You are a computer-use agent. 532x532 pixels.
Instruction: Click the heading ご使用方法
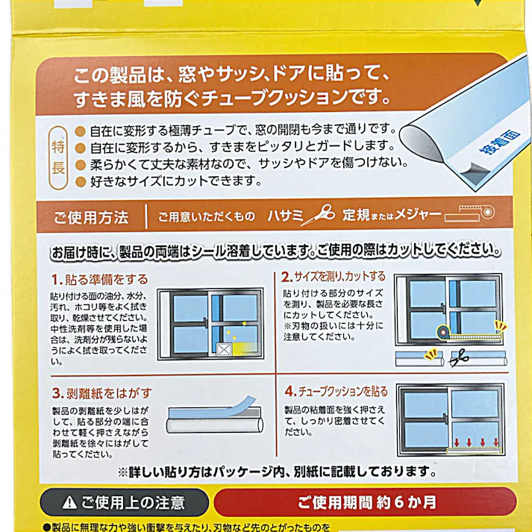point(91,218)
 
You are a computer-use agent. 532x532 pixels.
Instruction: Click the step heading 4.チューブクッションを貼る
point(336,391)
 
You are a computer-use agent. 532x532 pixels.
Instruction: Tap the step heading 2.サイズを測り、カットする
point(334,276)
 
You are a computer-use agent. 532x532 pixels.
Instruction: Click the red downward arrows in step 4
point(474,441)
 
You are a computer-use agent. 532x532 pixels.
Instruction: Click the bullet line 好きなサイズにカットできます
point(166,181)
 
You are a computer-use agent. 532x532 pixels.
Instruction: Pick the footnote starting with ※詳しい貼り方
point(276,472)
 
